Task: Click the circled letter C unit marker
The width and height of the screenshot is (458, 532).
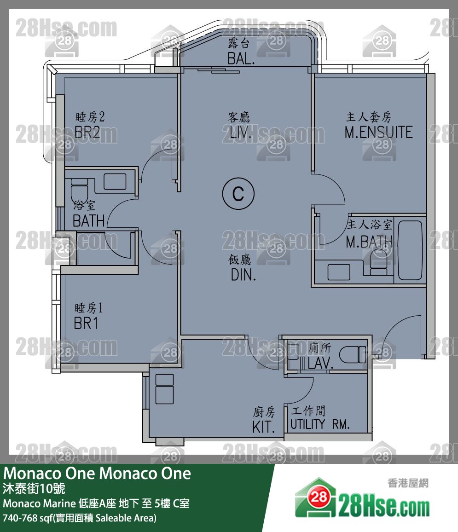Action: click(238, 194)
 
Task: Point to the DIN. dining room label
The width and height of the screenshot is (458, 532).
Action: click(243, 275)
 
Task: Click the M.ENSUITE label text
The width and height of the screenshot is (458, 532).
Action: click(378, 133)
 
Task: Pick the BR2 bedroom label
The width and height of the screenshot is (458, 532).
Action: click(87, 133)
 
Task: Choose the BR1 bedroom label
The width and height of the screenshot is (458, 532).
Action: click(86, 323)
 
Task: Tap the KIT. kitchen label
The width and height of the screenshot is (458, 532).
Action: click(264, 427)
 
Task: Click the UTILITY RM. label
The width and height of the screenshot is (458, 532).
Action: click(320, 424)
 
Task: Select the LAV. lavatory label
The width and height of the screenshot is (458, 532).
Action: click(320, 364)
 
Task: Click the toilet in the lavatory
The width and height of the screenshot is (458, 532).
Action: click(352, 355)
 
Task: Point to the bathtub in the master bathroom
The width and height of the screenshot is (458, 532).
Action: click(410, 250)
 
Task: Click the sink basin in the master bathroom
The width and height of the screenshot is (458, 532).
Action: click(339, 272)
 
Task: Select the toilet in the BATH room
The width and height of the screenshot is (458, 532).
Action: click(79, 189)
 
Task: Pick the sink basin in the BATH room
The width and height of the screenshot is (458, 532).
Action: click(115, 181)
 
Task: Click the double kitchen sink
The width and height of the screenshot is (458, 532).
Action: click(164, 388)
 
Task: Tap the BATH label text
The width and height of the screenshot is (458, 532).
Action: click(88, 221)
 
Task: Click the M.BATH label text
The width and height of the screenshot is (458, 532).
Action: click(369, 242)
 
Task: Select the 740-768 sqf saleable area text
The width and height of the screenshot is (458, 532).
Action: click(80, 518)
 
